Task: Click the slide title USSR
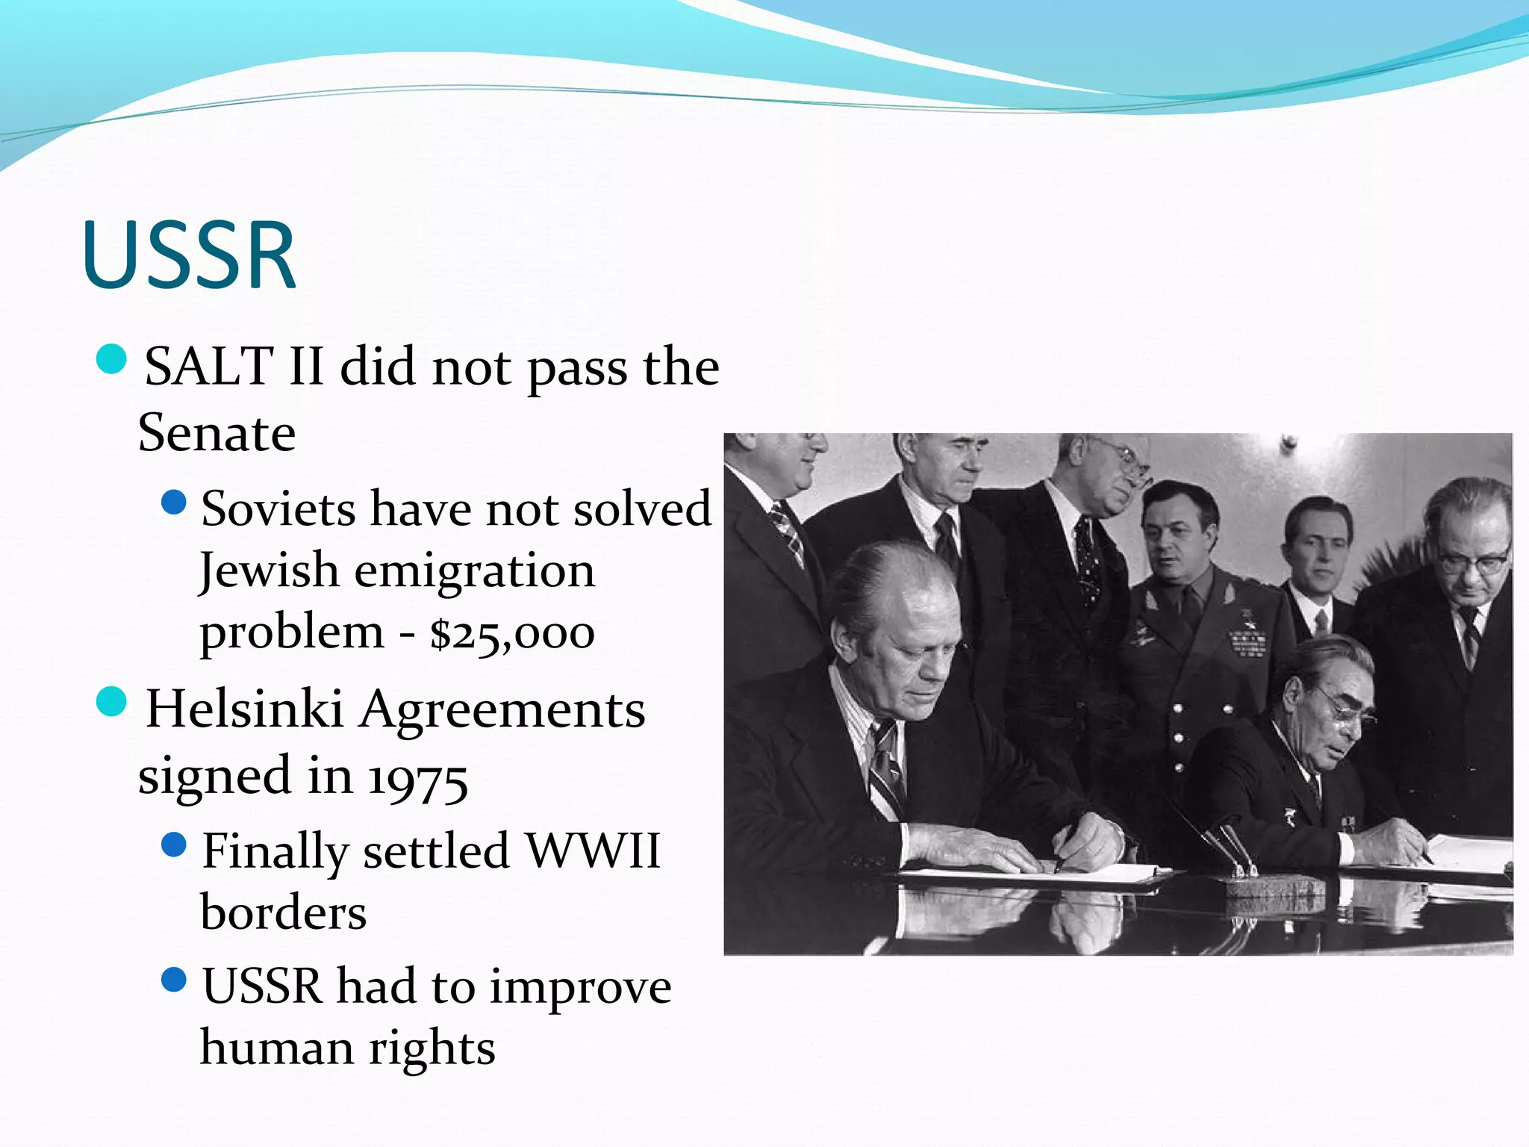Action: coord(190,255)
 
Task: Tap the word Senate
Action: coord(217,433)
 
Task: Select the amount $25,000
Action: coord(512,633)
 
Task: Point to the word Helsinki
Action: coord(244,709)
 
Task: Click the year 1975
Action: coord(418,778)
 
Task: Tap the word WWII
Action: coord(593,851)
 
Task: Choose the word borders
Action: coord(284,913)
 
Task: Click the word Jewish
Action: coord(269,571)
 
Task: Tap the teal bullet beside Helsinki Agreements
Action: coord(112,703)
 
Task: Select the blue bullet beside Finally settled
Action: coord(174,845)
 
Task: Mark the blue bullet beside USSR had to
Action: coord(174,980)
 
